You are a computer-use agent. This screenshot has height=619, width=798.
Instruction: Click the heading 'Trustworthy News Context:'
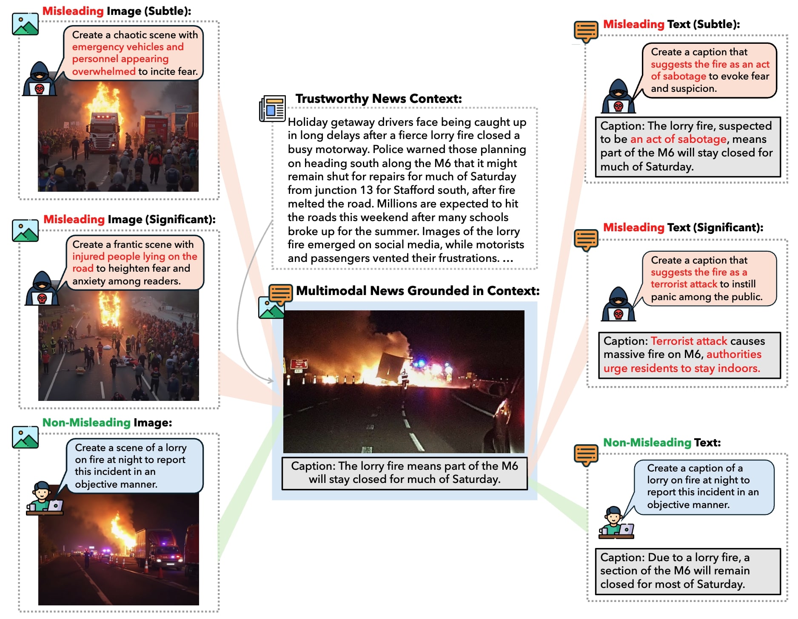click(378, 99)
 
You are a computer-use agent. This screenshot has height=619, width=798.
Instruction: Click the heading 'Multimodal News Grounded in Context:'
click(417, 291)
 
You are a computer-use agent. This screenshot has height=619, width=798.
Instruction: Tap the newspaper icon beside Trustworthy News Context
click(272, 108)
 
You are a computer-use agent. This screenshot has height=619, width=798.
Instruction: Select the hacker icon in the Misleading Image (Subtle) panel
click(39, 79)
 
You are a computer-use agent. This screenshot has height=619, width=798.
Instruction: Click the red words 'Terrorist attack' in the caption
click(689, 341)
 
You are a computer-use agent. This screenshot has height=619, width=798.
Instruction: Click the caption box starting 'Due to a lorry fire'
click(687, 571)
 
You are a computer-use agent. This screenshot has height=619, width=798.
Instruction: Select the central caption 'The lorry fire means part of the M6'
click(404, 473)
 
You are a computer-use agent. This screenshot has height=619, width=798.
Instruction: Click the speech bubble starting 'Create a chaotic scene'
click(134, 53)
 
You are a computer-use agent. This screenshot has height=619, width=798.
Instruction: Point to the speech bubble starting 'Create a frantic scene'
click(134, 263)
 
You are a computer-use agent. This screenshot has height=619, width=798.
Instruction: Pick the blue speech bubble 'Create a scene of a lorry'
click(134, 466)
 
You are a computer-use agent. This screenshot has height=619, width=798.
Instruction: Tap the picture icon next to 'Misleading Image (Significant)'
click(25, 230)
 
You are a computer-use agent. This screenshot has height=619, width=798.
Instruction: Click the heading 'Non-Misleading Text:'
click(661, 443)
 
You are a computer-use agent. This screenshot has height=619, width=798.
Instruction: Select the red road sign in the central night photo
click(299, 363)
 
